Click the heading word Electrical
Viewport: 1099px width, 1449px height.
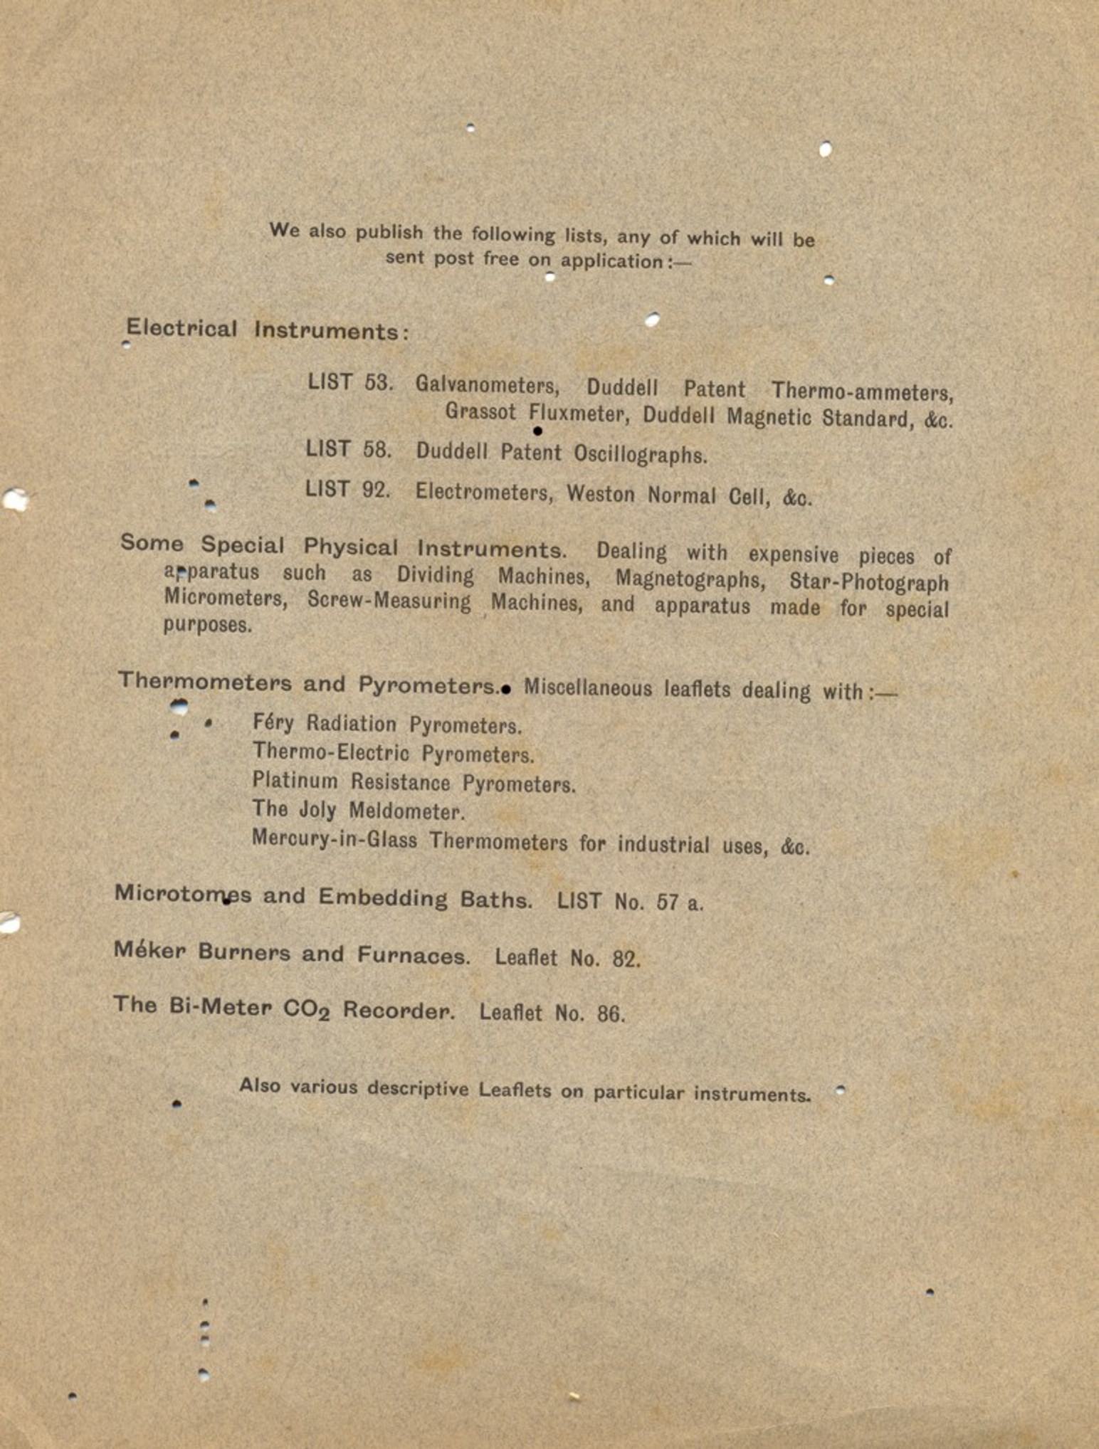click(182, 330)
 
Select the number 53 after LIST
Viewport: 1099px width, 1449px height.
click(378, 383)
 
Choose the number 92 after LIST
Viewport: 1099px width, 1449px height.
click(375, 490)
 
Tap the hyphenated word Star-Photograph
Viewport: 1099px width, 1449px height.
click(868, 582)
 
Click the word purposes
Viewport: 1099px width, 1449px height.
click(207, 625)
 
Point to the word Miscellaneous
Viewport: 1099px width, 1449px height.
click(587, 688)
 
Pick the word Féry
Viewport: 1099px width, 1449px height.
click(273, 723)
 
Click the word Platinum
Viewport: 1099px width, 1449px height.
click(295, 781)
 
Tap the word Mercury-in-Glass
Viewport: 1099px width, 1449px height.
click(334, 841)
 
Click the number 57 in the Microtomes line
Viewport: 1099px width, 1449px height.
click(667, 902)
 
